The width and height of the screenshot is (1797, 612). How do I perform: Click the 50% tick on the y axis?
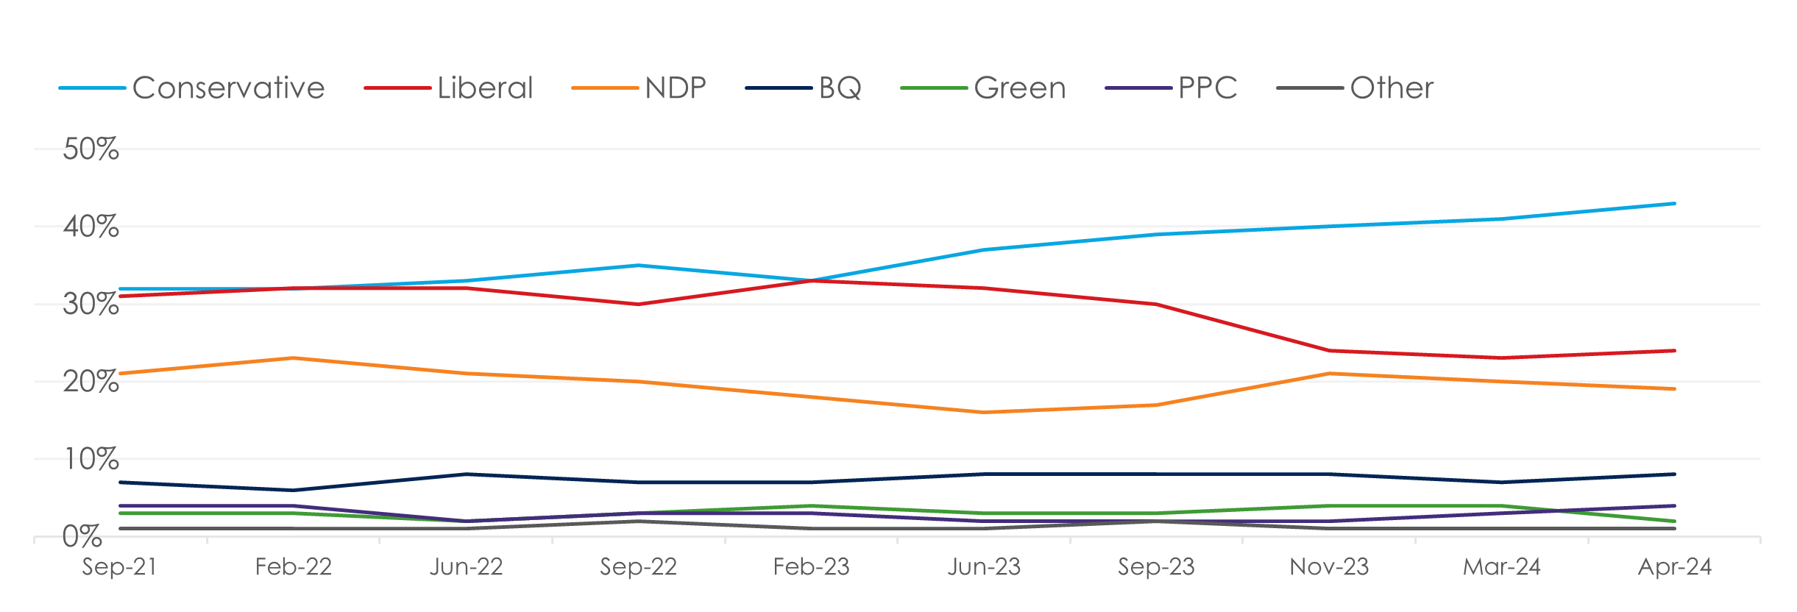(x=91, y=149)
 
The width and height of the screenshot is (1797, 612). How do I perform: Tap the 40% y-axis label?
(x=91, y=227)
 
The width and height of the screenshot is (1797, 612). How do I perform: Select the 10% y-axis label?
(x=91, y=460)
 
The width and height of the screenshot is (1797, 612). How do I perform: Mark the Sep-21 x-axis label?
(x=119, y=567)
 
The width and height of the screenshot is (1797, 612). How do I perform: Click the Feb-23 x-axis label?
(x=811, y=567)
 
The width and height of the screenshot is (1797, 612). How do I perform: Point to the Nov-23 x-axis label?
(x=1329, y=567)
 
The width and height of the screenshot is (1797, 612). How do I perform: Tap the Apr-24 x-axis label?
(x=1675, y=567)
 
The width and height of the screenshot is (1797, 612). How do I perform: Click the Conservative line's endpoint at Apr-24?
(x=1675, y=203)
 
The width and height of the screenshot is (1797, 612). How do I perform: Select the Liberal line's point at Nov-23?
(x=1329, y=351)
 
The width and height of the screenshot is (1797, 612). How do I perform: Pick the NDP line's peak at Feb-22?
(x=293, y=358)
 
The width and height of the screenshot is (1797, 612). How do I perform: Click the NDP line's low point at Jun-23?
(x=984, y=413)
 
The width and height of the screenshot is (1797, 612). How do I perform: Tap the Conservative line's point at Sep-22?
(x=638, y=265)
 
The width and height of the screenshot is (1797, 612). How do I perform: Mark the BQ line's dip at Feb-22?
(x=293, y=490)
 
